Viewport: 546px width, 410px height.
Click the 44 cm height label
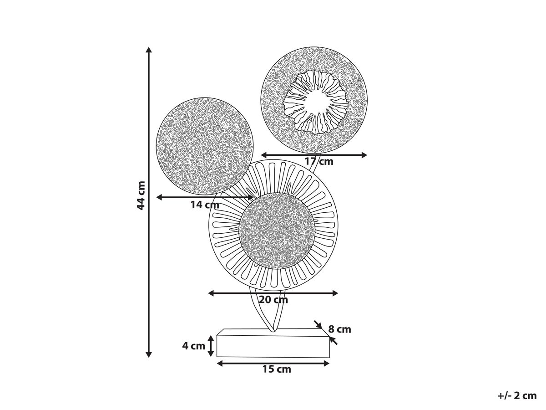(x=142, y=196)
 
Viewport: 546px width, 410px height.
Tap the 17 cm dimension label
(x=319, y=162)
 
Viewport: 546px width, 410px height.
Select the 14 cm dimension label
(x=205, y=205)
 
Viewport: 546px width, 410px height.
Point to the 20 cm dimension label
(x=273, y=299)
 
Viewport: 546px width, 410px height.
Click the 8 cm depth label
(x=339, y=329)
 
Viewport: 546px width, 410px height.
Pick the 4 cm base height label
(x=193, y=346)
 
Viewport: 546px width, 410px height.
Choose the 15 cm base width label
(x=277, y=369)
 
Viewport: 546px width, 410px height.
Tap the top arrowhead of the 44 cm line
(x=149, y=50)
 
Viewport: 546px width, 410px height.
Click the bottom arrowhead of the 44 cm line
(x=149, y=354)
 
